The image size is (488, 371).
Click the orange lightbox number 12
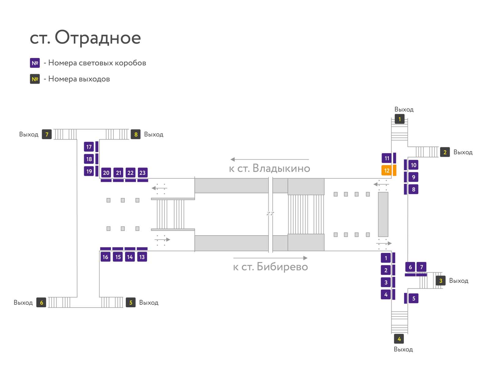click(386, 170)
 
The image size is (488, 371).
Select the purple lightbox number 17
click(89, 147)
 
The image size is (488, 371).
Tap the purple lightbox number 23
click(142, 172)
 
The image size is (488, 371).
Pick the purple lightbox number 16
click(106, 257)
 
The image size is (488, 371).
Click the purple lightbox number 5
click(414, 298)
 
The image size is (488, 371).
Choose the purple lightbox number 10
click(413, 165)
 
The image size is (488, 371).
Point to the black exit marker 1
click(400, 119)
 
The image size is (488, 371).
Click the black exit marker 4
click(399, 339)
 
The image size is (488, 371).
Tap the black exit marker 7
click(47, 134)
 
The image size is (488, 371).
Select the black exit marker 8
click(136, 134)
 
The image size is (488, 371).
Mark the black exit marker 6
click(41, 302)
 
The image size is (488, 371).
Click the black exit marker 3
click(440, 280)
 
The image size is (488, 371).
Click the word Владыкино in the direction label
click(281, 168)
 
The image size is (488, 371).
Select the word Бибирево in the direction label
click(282, 267)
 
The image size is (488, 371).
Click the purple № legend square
click(35, 63)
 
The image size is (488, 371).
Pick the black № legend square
click(35, 79)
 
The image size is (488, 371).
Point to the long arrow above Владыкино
click(270, 159)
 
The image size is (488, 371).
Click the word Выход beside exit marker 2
click(463, 152)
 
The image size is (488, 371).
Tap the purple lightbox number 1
click(386, 258)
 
